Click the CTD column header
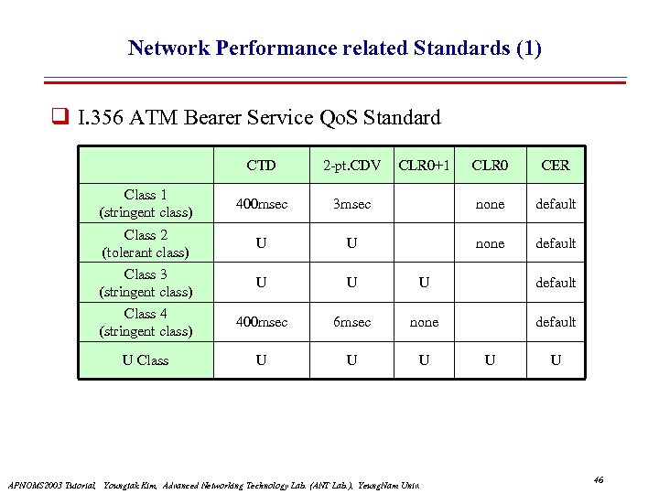tap(261, 166)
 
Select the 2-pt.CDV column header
tap(351, 166)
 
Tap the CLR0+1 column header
tap(424, 165)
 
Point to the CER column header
tap(555, 166)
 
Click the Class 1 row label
tap(146, 203)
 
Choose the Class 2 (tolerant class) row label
tap(146, 242)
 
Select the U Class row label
tap(146, 360)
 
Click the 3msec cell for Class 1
tap(351, 204)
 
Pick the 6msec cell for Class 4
tap(351, 322)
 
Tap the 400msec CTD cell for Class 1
tap(261, 204)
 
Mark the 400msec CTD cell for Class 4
tap(261, 322)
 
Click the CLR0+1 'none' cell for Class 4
tap(424, 322)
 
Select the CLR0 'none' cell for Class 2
tap(490, 243)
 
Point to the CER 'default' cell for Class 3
tap(556, 283)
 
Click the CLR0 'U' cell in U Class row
tap(490, 360)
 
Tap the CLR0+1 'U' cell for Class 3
tap(424, 283)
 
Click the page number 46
tap(599, 480)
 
